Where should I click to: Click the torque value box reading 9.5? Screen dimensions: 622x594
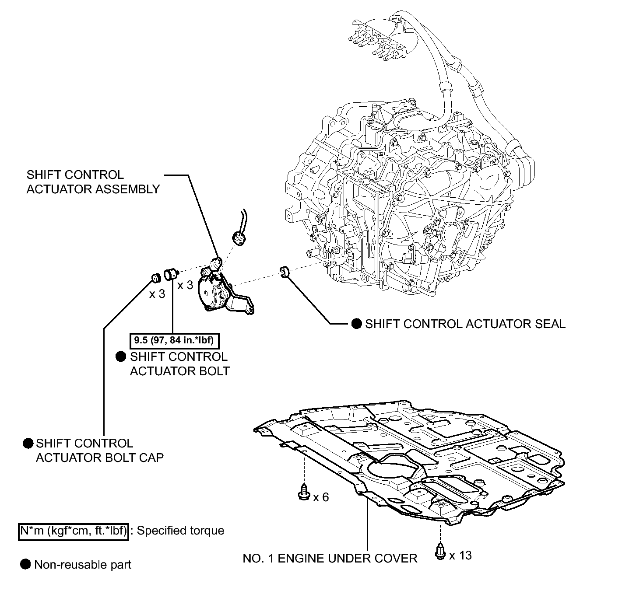coord(174,340)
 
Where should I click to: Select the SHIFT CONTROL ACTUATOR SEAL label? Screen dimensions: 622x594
coord(465,324)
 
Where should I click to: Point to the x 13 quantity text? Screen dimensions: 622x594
coord(460,556)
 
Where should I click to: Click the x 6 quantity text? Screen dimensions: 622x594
coord(321,497)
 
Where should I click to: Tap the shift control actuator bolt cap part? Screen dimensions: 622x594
coord(156,278)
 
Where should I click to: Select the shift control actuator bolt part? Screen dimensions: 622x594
coord(171,274)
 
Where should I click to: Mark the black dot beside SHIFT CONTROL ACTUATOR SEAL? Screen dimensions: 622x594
coord(356,324)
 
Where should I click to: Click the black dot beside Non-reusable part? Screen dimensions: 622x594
coord(25,564)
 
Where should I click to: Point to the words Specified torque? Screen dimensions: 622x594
coord(181,531)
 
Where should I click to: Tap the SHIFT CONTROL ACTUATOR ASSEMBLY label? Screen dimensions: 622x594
coord(93,182)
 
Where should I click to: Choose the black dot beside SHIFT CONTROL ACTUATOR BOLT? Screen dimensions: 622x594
coord(121,357)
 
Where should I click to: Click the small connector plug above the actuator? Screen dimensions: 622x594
coord(239,238)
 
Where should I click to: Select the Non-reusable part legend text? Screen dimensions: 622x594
coord(83,565)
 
